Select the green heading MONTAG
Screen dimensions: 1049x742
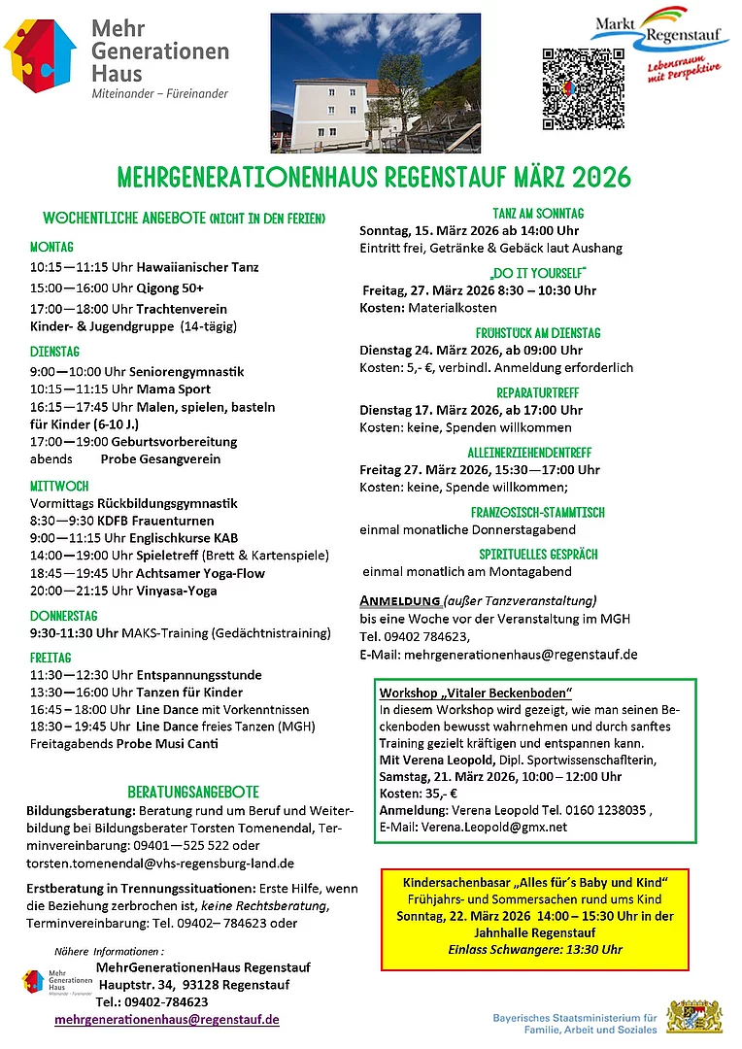pos(51,247)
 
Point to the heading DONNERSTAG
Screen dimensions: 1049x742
pos(63,616)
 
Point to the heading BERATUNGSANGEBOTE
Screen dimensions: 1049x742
pos(193,792)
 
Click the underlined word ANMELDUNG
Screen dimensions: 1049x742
pos(400,600)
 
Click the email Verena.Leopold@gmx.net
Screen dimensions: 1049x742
pos(493,828)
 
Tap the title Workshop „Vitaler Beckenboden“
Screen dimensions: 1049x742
pos(476,692)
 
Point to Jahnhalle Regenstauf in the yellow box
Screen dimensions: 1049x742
pos(536,932)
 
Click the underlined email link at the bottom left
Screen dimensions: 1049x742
pos(167,1019)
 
